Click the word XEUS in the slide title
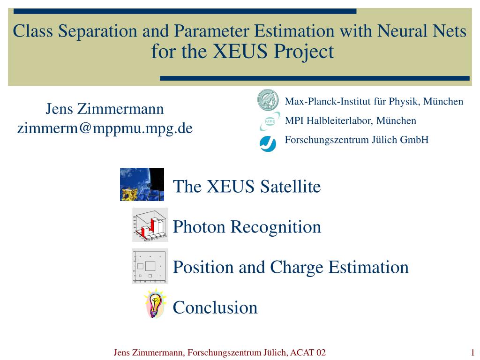(x=240, y=51)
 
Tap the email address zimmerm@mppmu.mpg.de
(x=105, y=128)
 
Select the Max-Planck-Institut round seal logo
(x=268, y=100)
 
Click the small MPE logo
(x=270, y=121)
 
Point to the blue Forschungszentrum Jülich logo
(x=268, y=143)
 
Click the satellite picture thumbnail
(x=142, y=184)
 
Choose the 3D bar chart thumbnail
(x=150, y=225)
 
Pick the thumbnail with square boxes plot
(x=150, y=266)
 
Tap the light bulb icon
(x=155, y=304)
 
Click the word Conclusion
(x=215, y=307)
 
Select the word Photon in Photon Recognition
(x=199, y=227)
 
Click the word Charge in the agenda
(x=296, y=268)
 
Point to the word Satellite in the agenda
(x=291, y=186)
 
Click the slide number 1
(x=472, y=352)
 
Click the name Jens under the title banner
(x=60, y=109)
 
